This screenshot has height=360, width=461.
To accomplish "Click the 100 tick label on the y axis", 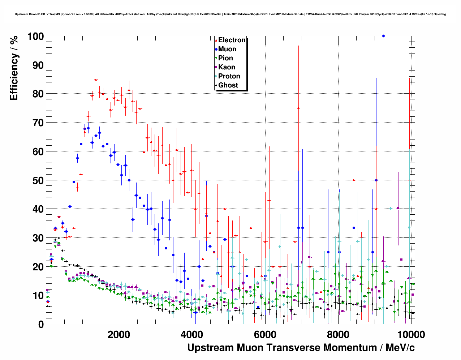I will [35, 37].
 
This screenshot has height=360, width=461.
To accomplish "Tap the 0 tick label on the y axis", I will [41, 325].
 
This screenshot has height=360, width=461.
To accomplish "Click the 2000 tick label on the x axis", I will [119, 334].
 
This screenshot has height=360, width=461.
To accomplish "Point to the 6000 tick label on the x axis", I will [265, 334].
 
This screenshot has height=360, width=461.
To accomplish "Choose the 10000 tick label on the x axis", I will [410, 334].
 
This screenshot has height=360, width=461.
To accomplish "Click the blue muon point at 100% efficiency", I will [383, 36].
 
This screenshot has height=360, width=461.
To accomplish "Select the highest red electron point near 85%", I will [96, 80].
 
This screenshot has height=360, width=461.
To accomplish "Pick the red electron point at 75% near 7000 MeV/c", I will [298, 108].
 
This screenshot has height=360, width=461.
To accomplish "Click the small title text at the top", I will [230, 14].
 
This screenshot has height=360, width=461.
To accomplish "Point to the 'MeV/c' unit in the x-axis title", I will [400, 348].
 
